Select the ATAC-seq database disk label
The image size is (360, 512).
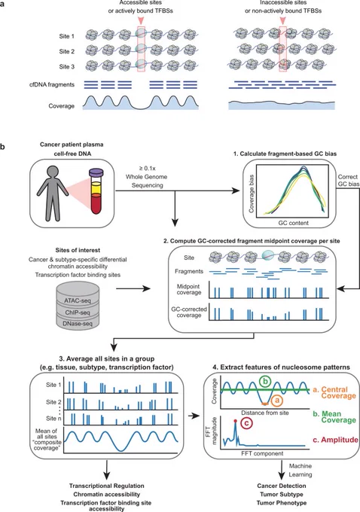(78, 300)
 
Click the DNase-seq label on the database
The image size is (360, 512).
(78, 324)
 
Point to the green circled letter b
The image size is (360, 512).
(266, 382)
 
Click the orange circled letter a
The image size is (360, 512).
(276, 401)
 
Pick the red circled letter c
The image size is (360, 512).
(246, 423)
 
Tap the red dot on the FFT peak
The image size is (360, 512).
(235, 421)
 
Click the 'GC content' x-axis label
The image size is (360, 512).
(294, 223)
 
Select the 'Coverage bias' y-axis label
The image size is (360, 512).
(252, 194)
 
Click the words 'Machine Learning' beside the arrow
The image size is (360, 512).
(301, 470)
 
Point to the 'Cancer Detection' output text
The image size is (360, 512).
(282, 486)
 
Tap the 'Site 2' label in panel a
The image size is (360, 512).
(66, 51)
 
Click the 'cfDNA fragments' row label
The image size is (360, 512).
(52, 84)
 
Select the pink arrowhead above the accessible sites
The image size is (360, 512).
(141, 20)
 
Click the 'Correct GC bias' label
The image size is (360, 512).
(348, 180)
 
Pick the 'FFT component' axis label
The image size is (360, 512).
(262, 453)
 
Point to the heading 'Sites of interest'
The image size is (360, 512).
(78, 250)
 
